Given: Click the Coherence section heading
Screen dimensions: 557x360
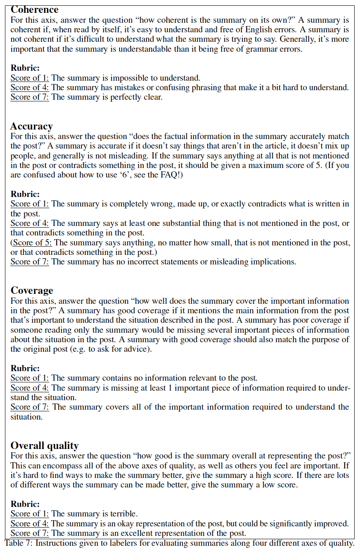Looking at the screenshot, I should click(x=34, y=10).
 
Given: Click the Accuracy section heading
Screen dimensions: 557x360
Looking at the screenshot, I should click(x=31, y=126).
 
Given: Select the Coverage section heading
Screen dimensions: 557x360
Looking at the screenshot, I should click(x=32, y=291).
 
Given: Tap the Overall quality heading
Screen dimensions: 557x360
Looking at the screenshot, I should click(x=44, y=445).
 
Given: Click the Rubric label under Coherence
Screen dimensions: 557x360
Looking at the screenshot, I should click(x=25, y=68).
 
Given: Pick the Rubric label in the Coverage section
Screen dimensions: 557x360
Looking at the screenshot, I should click(x=25, y=368).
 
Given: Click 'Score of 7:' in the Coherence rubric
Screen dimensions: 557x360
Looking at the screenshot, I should click(x=29, y=97).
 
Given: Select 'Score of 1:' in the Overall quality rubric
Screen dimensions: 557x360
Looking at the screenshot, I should click(x=29, y=514).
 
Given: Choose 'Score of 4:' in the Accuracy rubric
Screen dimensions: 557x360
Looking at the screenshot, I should click(x=29, y=223).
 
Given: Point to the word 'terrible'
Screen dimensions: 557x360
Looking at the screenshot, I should click(x=123, y=514).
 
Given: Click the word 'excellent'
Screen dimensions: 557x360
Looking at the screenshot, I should click(x=127, y=533).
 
